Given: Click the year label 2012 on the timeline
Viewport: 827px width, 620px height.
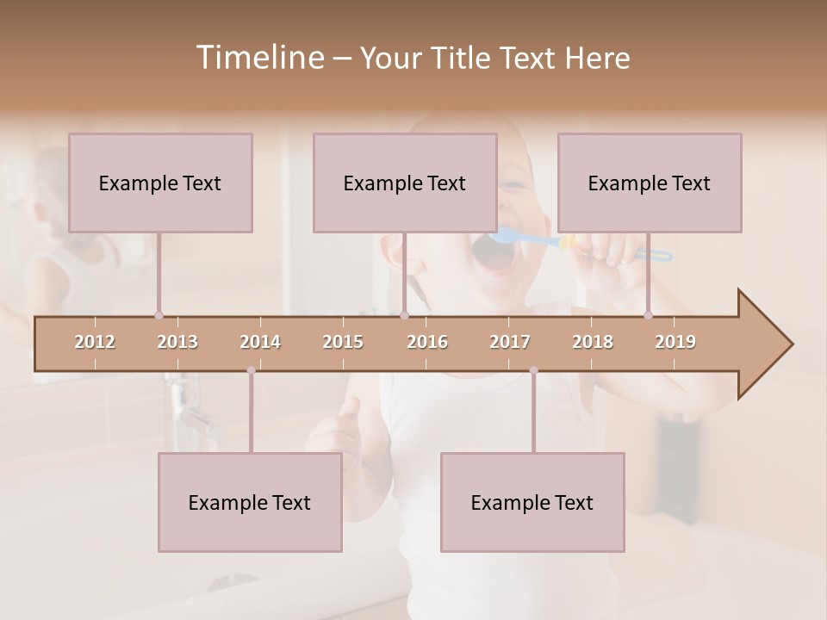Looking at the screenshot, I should tap(95, 342).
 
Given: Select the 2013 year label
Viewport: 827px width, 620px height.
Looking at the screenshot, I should tap(177, 342).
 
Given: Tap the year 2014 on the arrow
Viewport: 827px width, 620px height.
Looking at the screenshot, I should tap(260, 342).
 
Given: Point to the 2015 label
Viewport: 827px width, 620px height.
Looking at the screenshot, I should tap(343, 342).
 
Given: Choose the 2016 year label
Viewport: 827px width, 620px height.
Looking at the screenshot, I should tap(427, 342).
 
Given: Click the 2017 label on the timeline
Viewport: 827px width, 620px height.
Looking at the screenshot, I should tap(510, 342).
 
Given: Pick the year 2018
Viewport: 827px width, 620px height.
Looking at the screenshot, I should tap(593, 342).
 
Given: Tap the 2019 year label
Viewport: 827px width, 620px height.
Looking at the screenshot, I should tap(675, 342).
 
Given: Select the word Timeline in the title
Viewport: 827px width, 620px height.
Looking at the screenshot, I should tap(258, 58).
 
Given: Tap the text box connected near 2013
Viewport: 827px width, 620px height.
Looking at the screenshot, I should tap(160, 183).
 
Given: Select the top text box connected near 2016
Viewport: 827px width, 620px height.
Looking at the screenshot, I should tap(405, 183).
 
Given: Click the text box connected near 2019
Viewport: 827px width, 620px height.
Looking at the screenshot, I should tap(650, 183).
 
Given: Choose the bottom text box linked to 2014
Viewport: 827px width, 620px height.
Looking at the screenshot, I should tap(250, 502).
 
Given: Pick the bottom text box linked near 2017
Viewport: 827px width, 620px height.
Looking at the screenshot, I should tap(532, 502).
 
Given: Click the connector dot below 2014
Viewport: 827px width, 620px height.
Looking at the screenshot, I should tap(251, 370).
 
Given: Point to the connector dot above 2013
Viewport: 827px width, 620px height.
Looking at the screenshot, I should tap(159, 315).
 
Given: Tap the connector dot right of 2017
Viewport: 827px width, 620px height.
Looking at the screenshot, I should tap(533, 370).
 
